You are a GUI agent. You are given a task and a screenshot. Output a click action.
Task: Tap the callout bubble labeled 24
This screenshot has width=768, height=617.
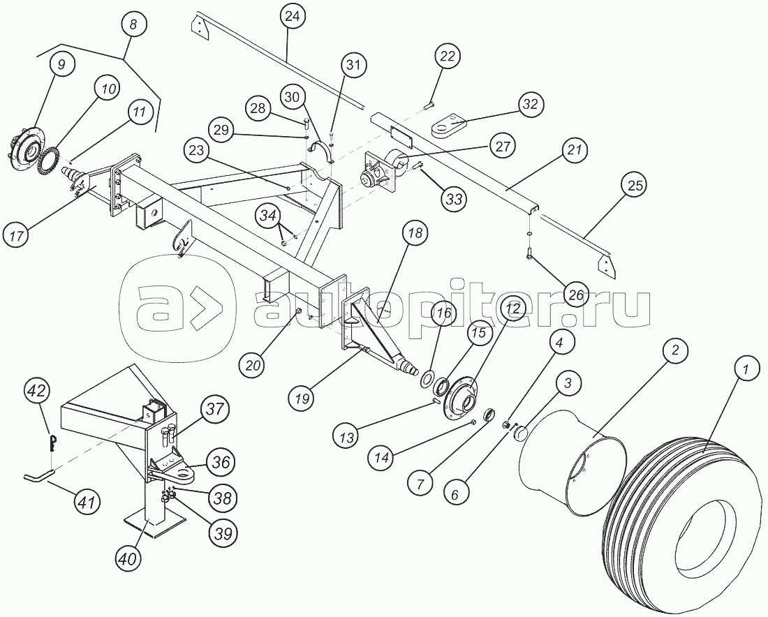294,16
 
